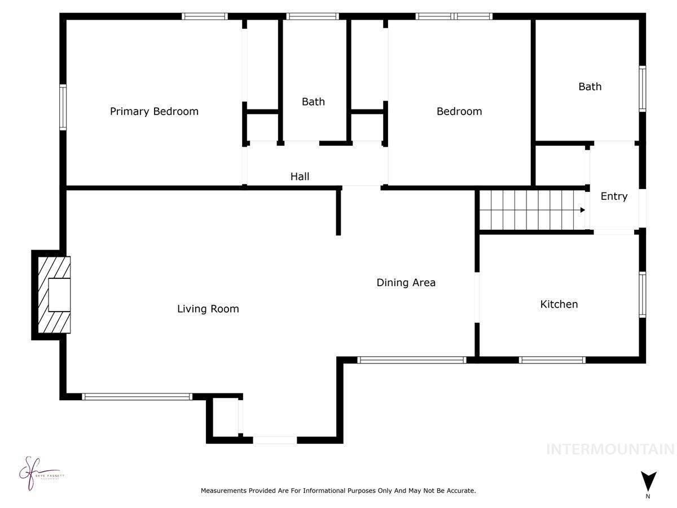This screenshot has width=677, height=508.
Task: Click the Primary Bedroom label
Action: pos(154,111)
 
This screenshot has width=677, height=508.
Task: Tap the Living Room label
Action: pos(208,309)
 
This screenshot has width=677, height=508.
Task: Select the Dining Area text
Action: pos(406,282)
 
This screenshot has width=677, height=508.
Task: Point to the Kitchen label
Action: pos(559,304)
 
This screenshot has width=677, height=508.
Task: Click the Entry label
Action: pos(613,196)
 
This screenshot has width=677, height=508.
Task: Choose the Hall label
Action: pos(300,177)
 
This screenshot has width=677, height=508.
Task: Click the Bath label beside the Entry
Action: pos(590,86)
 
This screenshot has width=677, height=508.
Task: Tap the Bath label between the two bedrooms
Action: pos(313,102)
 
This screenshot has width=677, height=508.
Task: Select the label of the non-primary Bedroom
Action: pos(459,111)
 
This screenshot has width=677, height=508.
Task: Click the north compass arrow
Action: pos(648,480)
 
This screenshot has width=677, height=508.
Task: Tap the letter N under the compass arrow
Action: pos(648,497)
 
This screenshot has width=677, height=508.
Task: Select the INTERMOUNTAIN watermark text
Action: pos(610,449)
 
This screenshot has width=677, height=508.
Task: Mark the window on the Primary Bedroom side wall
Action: pos(63,107)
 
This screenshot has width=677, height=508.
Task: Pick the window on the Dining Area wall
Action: pos(411,360)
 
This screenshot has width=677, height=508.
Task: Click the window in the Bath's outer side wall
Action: pos(642,89)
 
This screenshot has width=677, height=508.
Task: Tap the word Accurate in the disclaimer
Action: pos(461,491)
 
